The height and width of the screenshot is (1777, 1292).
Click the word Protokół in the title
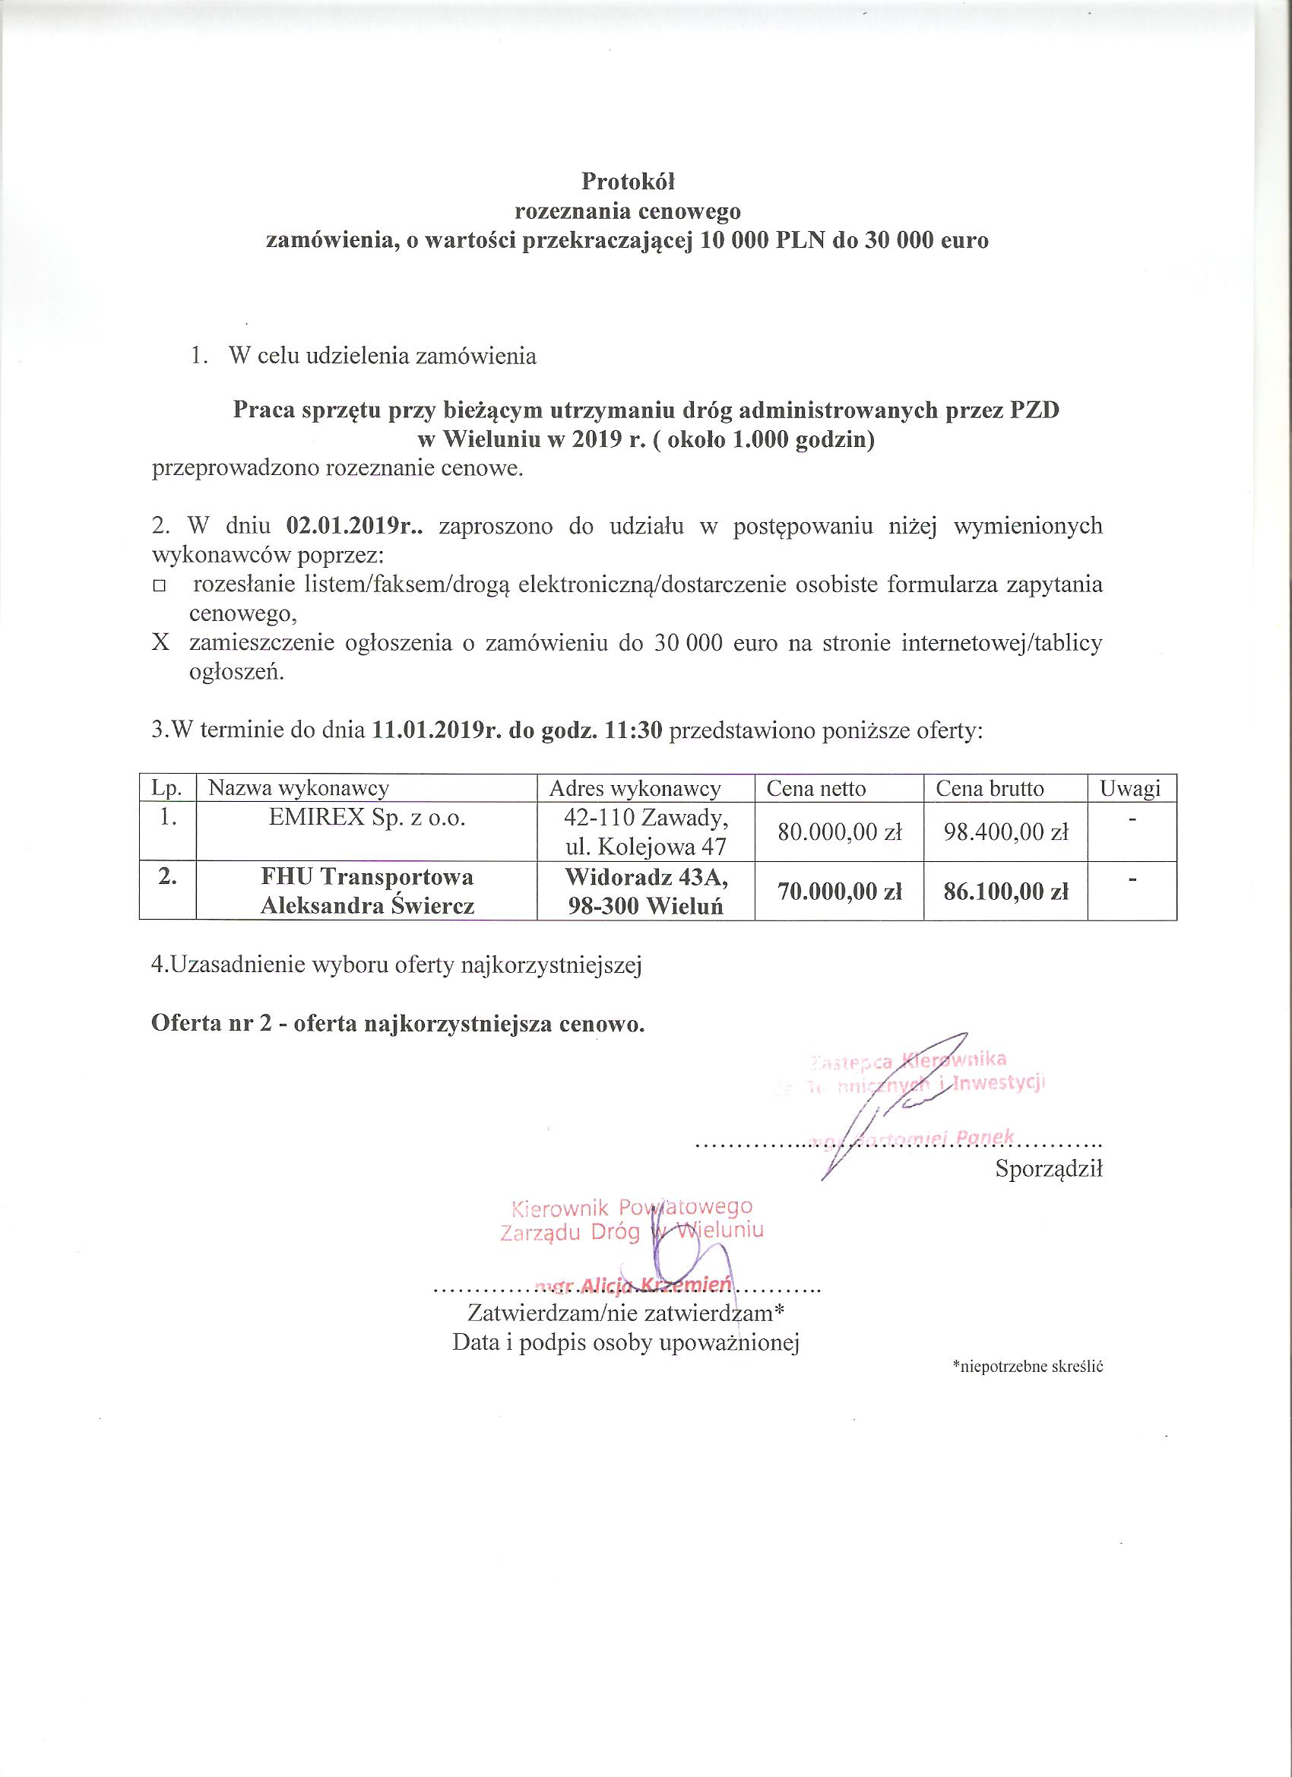point(628,182)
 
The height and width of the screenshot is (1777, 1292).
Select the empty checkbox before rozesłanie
point(160,586)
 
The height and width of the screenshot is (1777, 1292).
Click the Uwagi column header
point(1130,788)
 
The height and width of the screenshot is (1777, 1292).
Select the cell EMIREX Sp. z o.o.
point(366,818)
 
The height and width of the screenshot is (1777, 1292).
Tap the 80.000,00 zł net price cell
point(839,832)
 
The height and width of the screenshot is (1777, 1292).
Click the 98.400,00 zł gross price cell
point(1006,832)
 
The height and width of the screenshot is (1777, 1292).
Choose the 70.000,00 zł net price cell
point(839,892)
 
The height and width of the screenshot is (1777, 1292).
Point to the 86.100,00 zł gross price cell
point(1006,892)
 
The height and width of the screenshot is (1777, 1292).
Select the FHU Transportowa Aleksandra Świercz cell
point(366,892)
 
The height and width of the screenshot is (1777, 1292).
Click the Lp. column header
point(167,788)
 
